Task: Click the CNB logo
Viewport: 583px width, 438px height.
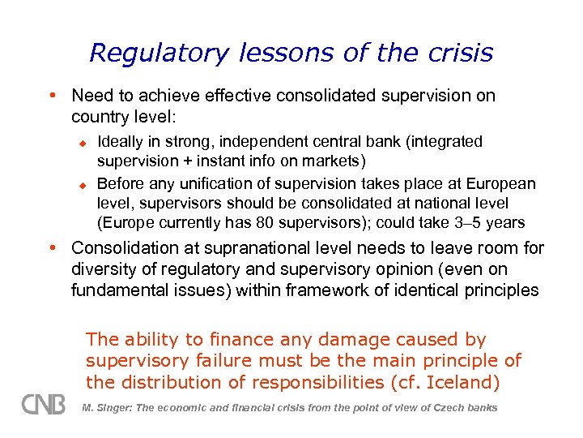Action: click(44, 404)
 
